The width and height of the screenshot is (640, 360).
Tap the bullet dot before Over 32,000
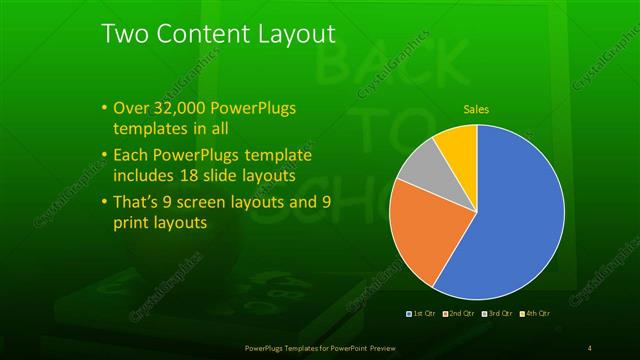[x=104, y=108]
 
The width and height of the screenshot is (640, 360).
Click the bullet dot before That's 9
[x=104, y=202]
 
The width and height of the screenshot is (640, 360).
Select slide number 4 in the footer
[x=589, y=347]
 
